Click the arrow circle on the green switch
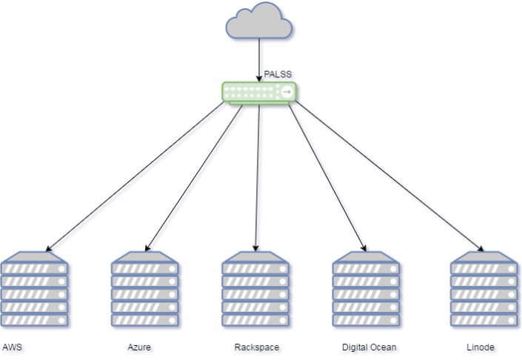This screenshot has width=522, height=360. click(x=287, y=92)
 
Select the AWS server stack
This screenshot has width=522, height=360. click(x=36, y=290)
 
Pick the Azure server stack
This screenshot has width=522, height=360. click(x=146, y=290)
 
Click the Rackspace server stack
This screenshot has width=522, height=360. click(x=256, y=290)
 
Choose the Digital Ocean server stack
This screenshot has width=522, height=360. click(x=367, y=290)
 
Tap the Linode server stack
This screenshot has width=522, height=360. click(x=485, y=290)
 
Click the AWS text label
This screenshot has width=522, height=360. click(x=14, y=348)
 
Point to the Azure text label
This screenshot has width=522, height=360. click(x=141, y=348)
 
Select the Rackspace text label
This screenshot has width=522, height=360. click(x=258, y=348)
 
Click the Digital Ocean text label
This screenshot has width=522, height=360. click(x=370, y=348)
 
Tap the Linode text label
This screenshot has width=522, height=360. click(x=481, y=348)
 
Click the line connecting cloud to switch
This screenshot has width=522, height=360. click(x=260, y=59)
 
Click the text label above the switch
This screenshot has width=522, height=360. click(x=278, y=76)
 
